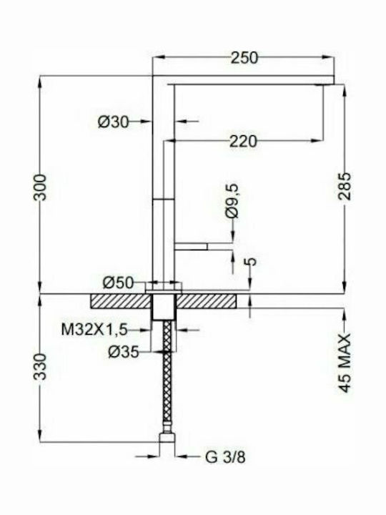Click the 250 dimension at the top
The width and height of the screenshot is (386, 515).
244,58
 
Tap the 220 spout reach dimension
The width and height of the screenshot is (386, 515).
243,141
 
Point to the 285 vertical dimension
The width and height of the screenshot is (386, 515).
345,185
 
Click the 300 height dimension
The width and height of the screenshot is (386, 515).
41,187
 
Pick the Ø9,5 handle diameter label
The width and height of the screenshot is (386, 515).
232,201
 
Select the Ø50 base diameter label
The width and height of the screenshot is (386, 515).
119,283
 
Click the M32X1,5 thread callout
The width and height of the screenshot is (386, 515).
94,329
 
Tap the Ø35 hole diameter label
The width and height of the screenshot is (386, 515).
124,352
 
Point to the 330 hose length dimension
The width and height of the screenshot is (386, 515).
41,366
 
